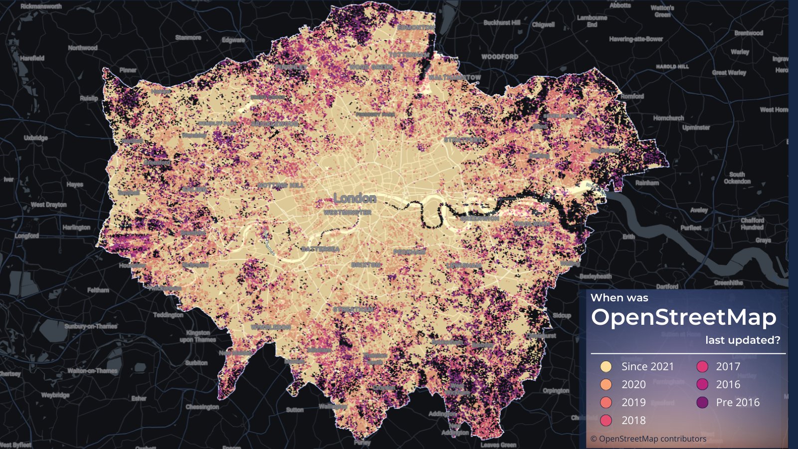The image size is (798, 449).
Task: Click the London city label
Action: (355, 199)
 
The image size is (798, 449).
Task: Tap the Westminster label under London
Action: (347, 213)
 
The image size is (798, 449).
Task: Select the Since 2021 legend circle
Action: (606, 367)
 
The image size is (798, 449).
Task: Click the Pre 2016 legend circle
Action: (702, 403)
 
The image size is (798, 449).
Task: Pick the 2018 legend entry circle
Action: (606, 421)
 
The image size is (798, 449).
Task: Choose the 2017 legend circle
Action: (702, 367)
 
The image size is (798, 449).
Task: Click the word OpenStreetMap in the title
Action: (683, 318)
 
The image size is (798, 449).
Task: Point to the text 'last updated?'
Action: (742, 340)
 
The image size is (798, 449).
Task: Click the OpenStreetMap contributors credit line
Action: (648, 439)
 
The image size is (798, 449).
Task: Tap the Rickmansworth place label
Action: (41, 6)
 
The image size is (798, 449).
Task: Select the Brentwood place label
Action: (748, 33)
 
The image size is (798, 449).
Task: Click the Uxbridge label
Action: (36, 138)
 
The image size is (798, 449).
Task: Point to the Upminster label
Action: (696, 128)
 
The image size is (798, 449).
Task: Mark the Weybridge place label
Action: (55, 395)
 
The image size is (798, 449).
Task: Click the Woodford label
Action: (499, 57)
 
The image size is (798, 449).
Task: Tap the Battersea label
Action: (320, 248)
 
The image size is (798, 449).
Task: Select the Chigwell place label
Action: (543, 24)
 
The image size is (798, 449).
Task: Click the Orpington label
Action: (556, 391)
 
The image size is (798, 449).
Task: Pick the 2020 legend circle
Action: (606, 385)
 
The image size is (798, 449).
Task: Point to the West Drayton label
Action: (48, 205)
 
